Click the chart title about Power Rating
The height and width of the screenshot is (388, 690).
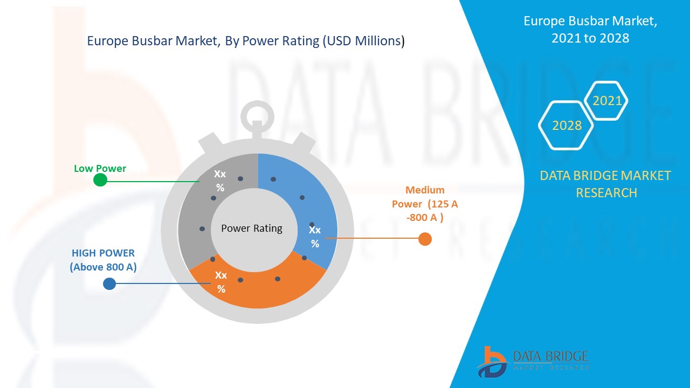point(246,41)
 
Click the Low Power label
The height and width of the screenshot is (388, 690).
point(100,169)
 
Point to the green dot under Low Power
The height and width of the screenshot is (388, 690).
point(100,180)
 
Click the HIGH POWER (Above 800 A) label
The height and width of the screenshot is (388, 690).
point(103,260)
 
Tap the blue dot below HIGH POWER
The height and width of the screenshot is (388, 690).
point(109,283)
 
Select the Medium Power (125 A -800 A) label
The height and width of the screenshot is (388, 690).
point(425,204)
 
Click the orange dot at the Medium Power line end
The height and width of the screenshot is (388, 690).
point(425,239)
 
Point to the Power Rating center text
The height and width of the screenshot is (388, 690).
point(252,228)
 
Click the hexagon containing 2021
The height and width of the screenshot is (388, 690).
point(607,101)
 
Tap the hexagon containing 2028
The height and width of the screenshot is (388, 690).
point(567,126)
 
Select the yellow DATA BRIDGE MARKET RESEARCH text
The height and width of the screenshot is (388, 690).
point(605,184)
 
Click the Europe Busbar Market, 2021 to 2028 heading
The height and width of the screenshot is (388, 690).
point(590,30)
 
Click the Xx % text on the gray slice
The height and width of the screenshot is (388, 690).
point(220,181)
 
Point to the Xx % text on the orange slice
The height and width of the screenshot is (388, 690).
point(221,282)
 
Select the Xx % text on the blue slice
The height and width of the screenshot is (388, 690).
point(315,237)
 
